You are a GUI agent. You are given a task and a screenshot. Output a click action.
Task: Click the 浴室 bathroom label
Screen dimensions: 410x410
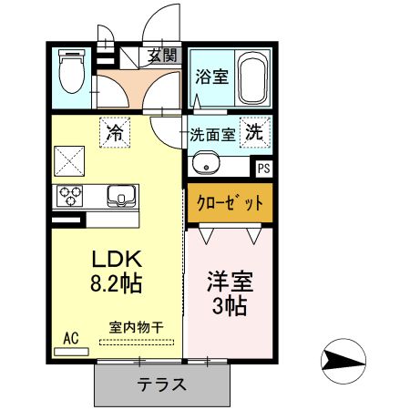click(x=211, y=77)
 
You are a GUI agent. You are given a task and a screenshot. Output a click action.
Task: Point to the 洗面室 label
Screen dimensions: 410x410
click(x=212, y=134)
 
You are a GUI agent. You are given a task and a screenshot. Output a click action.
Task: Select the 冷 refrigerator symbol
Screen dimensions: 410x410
click(x=115, y=133)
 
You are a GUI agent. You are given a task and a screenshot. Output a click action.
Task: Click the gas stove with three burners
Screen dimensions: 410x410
click(x=69, y=195)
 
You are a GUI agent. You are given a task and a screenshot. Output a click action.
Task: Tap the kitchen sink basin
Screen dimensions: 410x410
click(x=119, y=195)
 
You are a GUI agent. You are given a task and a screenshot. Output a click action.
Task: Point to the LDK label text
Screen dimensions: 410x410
click(x=111, y=258)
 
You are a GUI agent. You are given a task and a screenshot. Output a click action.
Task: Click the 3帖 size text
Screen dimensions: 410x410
click(x=228, y=303)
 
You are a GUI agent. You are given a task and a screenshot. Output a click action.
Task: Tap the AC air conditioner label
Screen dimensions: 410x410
click(x=71, y=338)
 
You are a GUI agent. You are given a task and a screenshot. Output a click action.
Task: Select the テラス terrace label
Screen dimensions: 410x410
click(x=161, y=384)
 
